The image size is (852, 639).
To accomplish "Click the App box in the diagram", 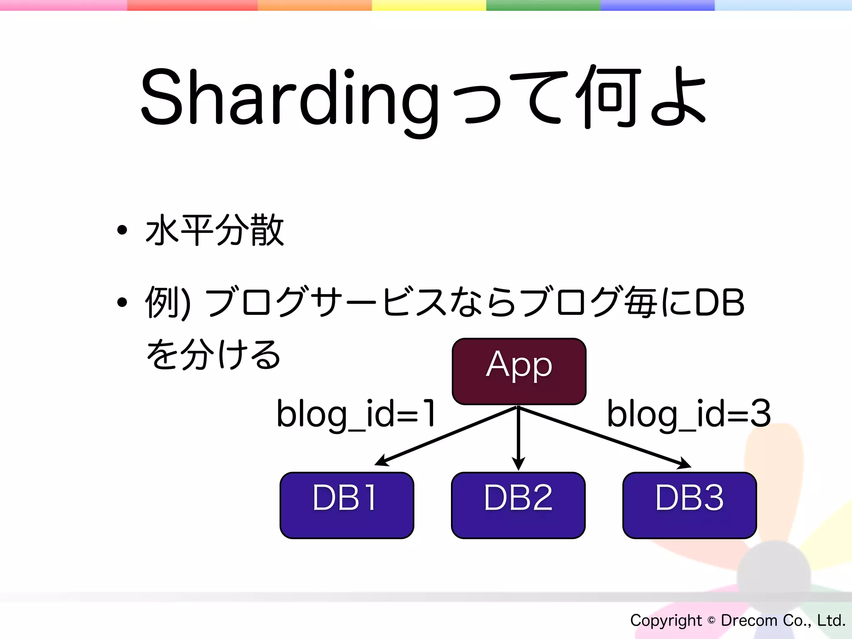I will click(519, 371).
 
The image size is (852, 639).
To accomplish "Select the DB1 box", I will click(347, 505).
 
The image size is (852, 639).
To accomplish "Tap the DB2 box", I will click(518, 505).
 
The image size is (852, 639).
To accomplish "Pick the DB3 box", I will click(689, 505).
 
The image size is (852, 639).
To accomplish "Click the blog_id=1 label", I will click(356, 414).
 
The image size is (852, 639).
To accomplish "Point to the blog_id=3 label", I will click(689, 414).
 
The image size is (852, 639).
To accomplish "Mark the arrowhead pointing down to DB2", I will click(518, 464).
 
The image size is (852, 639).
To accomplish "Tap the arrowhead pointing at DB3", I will click(685, 464).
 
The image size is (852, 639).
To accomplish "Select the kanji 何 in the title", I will click(609, 97).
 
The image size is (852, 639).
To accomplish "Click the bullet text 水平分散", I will click(215, 230).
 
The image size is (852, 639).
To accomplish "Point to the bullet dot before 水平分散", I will click(122, 230).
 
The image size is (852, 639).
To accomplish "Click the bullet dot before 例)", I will click(122, 302).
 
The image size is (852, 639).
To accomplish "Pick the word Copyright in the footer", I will click(666, 620).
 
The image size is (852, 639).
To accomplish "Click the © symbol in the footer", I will click(711, 620).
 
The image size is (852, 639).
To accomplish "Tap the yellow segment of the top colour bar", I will click(428, 5).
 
